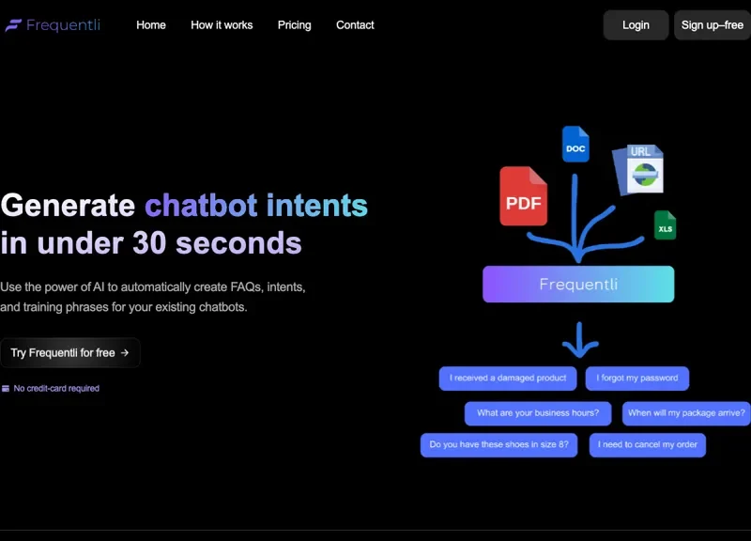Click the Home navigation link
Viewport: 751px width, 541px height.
coord(151,25)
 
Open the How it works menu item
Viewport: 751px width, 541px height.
coord(222,25)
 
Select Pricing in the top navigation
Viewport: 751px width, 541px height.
coord(295,25)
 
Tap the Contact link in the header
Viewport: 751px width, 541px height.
coord(355,25)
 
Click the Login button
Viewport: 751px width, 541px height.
coord(636,25)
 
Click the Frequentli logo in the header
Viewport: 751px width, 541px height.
coord(53,25)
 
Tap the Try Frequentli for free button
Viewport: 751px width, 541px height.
coord(69,352)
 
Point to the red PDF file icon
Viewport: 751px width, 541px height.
coord(524,196)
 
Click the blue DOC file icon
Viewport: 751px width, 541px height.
coord(575,145)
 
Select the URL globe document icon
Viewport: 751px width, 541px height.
coord(639,170)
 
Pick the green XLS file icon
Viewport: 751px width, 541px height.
coord(665,224)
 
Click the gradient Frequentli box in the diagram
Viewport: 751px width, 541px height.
coord(578,285)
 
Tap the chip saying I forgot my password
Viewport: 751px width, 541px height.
coord(637,379)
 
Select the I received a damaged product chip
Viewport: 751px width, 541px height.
coord(508,379)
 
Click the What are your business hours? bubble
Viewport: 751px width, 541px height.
coord(538,413)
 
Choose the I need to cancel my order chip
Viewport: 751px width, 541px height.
coord(647,444)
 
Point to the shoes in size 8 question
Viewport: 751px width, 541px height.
coord(498,444)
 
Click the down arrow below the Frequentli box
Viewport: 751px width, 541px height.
coord(579,340)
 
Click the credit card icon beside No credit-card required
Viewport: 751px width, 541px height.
coord(6,389)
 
